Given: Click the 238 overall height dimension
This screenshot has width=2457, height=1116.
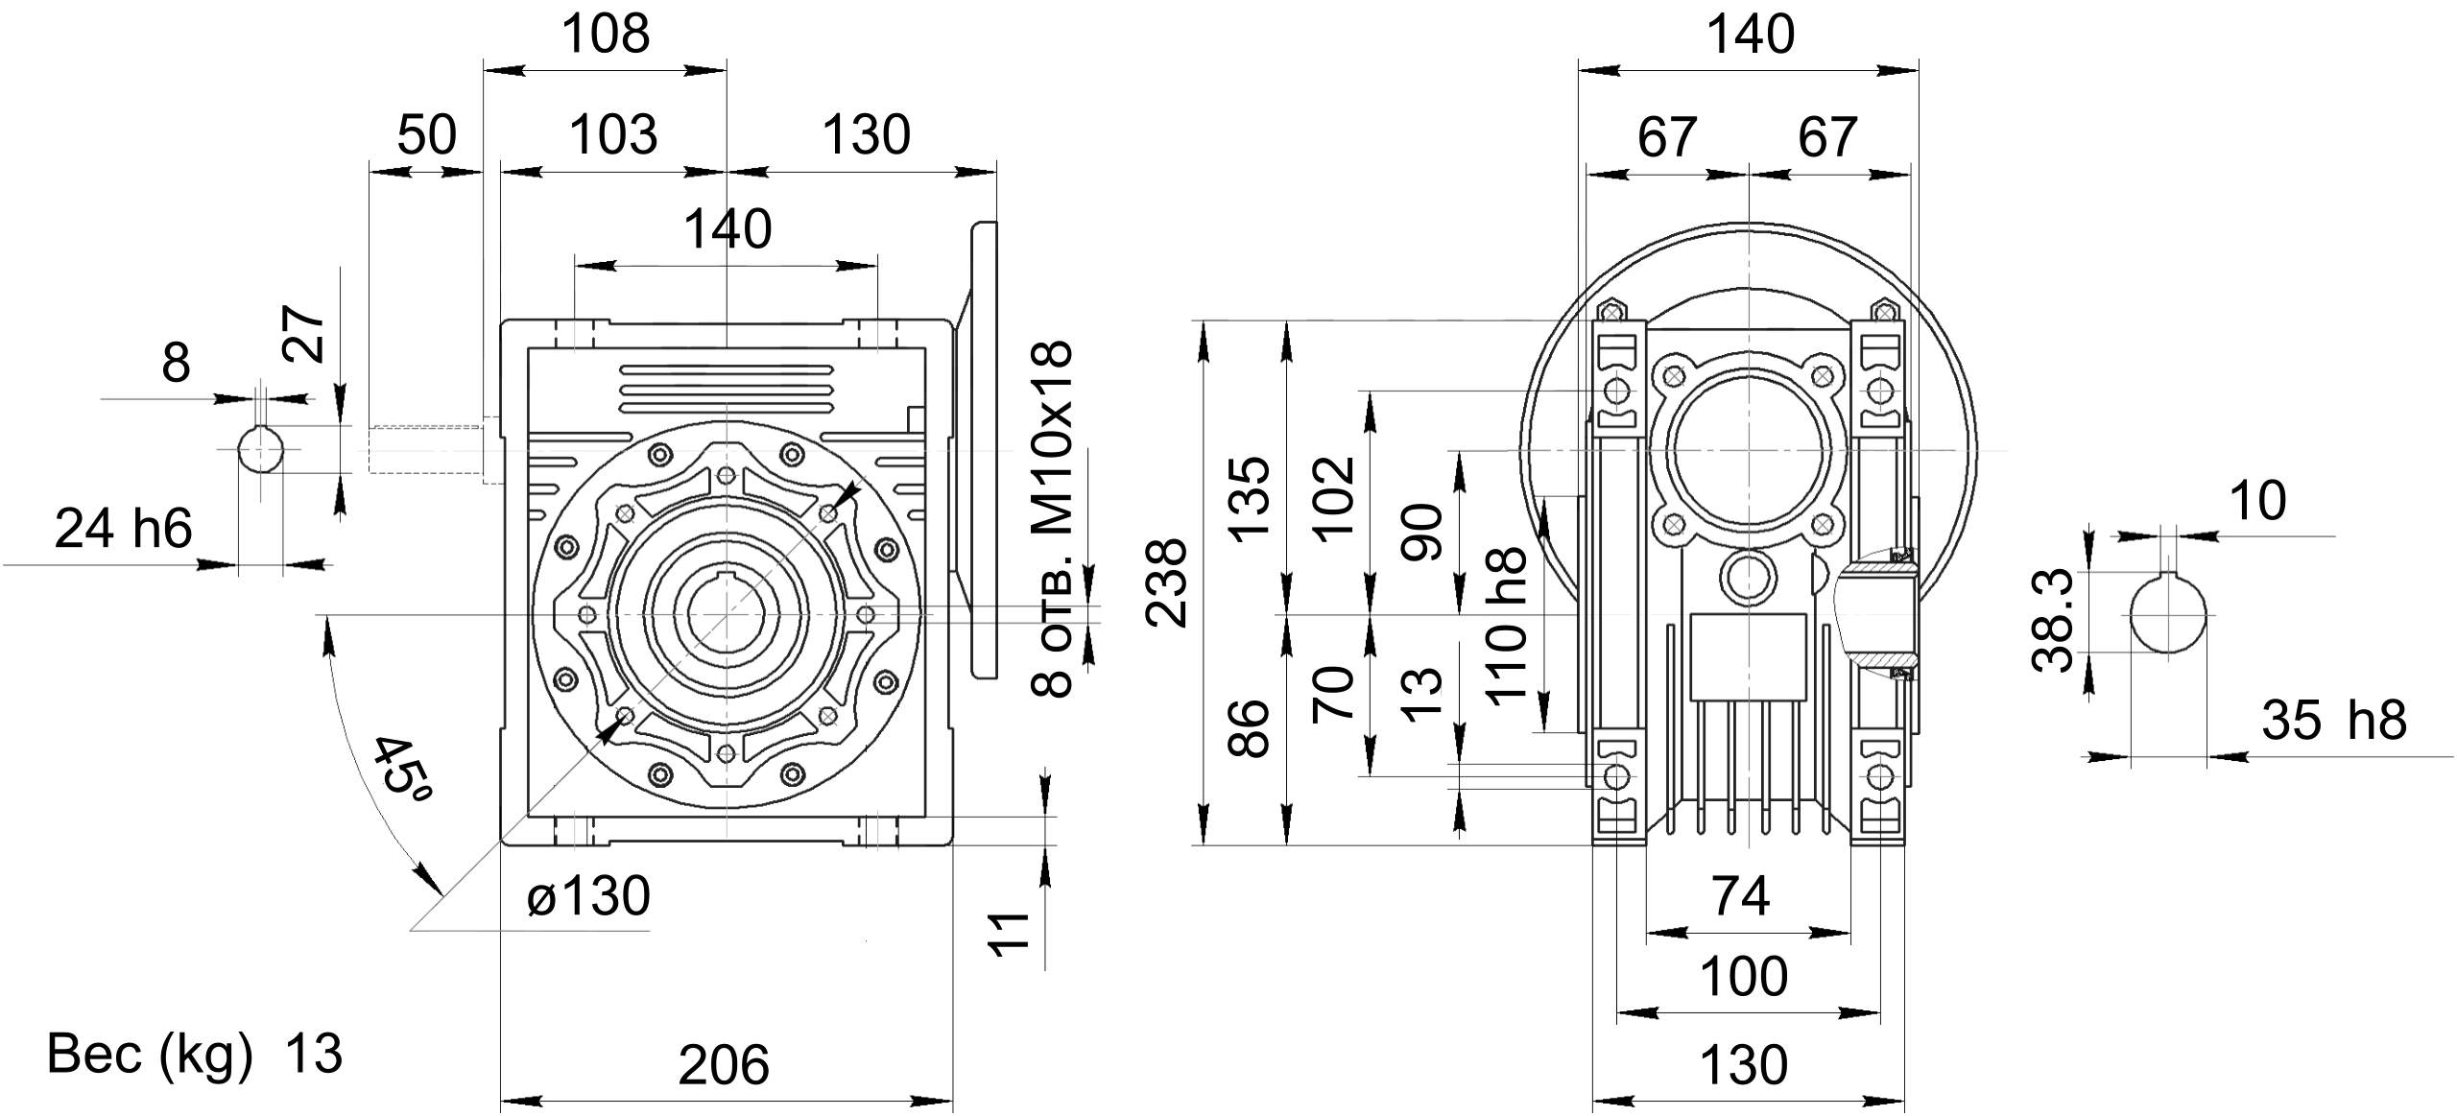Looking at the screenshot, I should (x=1168, y=582).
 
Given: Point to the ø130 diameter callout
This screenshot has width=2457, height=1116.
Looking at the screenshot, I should (x=588, y=896).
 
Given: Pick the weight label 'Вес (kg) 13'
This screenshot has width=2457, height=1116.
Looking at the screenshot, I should (x=194, y=1055).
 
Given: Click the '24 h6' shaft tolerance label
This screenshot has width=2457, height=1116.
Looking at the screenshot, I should (x=123, y=529).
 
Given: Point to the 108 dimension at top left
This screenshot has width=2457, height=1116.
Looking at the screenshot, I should (x=606, y=35).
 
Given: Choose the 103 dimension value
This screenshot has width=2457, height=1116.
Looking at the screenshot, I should (x=613, y=134).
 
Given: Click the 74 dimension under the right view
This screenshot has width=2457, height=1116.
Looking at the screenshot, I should (x=1741, y=897).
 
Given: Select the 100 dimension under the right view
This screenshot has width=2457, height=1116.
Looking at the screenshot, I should (x=1744, y=978).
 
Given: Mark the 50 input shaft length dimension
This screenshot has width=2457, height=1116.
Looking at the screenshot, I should (x=426, y=135).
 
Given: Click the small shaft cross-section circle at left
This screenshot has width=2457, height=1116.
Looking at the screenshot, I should (x=260, y=449).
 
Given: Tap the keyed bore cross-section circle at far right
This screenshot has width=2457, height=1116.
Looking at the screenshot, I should (x=2166, y=616).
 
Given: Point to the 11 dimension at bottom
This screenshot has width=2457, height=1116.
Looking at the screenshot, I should (x=1010, y=934).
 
